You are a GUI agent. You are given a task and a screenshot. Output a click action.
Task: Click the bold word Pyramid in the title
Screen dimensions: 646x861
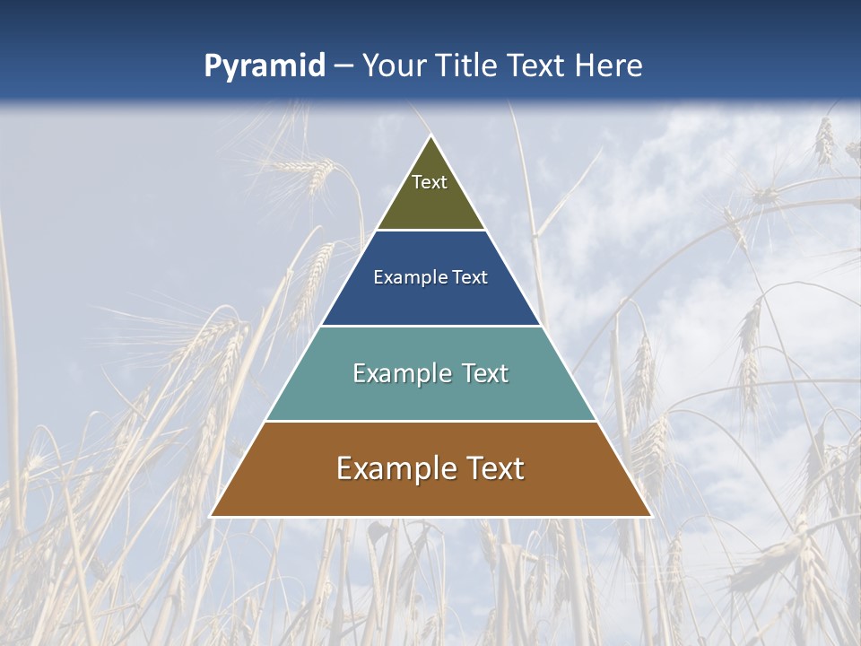pyautogui.click(x=265, y=66)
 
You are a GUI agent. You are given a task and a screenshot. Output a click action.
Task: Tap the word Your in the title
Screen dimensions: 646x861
pyautogui.click(x=395, y=66)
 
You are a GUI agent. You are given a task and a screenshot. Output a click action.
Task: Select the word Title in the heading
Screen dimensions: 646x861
pyautogui.click(x=467, y=66)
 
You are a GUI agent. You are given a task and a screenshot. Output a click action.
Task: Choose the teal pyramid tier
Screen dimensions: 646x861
pyautogui.click(x=430, y=395)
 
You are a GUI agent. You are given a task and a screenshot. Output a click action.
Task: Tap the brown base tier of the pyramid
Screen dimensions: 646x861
pyautogui.click(x=430, y=492)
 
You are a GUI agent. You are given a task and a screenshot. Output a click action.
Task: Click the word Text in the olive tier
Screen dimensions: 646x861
pyautogui.click(x=430, y=182)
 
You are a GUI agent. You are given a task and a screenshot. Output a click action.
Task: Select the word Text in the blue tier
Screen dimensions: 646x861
pyautogui.click(x=470, y=278)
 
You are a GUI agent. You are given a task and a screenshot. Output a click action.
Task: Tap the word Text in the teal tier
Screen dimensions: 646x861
pyautogui.click(x=483, y=373)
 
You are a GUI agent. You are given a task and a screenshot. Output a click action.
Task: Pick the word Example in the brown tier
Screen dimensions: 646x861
pyautogui.click(x=392, y=468)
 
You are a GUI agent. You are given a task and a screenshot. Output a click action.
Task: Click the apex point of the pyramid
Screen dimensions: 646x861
pyautogui.click(x=430, y=136)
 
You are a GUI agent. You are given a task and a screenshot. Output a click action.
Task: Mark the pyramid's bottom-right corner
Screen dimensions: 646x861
pyautogui.click(x=650, y=515)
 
